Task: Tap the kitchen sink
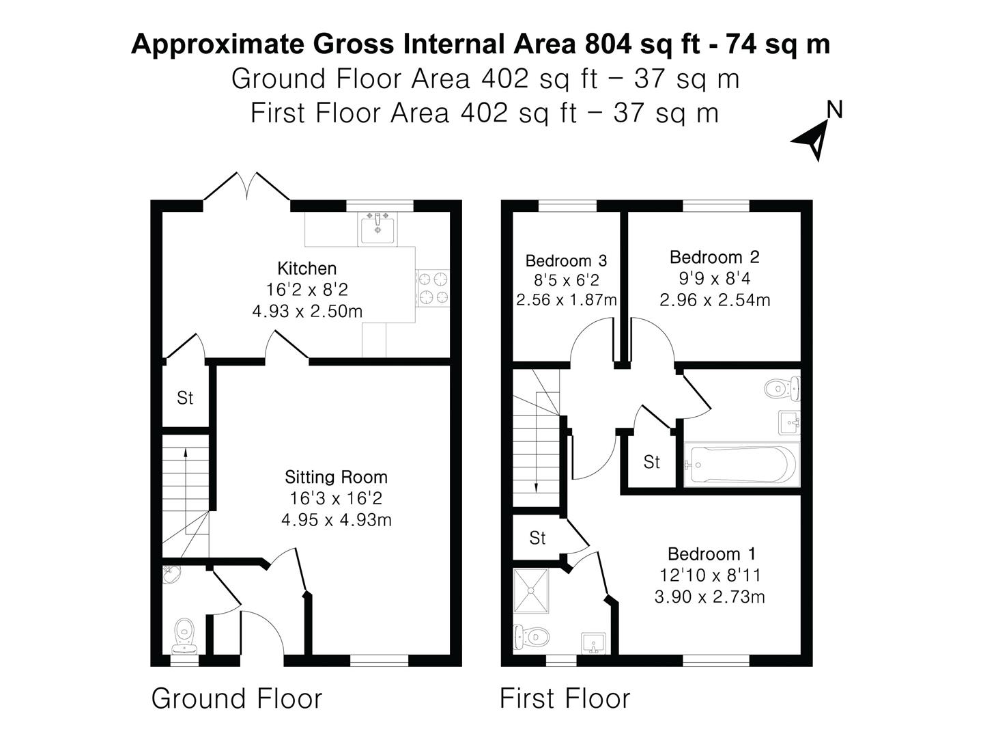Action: tap(376, 228)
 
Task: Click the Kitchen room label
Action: tap(307, 269)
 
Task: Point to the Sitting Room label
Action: tap(336, 477)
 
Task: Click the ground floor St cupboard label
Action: tap(185, 398)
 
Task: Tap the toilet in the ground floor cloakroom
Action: tap(184, 633)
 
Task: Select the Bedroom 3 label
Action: tap(566, 260)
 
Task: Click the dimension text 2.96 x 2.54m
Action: tap(715, 300)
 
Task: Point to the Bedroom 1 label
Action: tap(712, 553)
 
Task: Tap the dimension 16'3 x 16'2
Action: tap(336, 498)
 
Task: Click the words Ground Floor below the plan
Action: tap(236, 698)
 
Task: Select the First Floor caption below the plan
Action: tap(565, 698)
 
